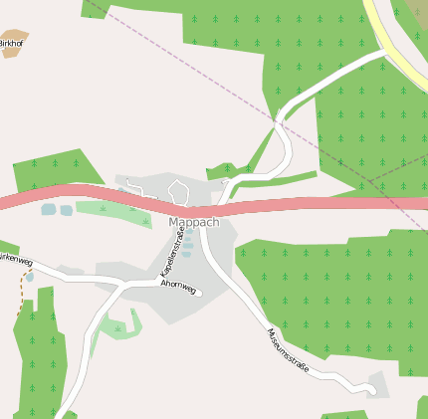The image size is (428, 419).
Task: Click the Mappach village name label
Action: click(193, 222)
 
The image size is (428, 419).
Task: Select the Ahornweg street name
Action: click(178, 288)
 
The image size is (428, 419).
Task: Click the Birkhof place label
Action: click(10, 45)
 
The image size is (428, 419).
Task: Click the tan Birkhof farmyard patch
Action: click(14, 41)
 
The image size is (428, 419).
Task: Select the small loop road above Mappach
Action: click(178, 189)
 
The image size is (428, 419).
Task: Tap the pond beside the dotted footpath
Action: click(29, 277)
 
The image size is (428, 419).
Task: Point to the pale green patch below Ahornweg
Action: click(120, 324)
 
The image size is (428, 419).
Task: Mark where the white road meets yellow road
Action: click(383, 53)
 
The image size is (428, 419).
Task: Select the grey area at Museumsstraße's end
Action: click(377, 383)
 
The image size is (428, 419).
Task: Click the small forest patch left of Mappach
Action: click(56, 169)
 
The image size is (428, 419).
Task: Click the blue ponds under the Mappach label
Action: click(187, 245)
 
